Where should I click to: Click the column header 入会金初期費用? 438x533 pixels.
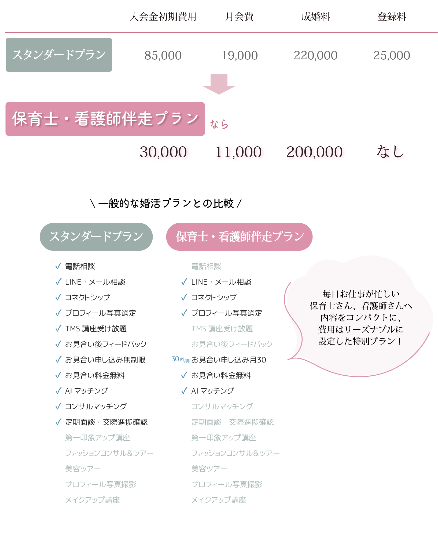coord(163,17)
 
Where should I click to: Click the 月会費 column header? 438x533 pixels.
coord(239,17)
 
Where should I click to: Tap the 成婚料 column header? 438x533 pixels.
coord(315,17)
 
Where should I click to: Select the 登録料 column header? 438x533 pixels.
coord(392,17)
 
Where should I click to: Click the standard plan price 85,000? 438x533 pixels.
coord(163,56)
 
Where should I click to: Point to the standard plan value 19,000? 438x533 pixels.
coord(239,56)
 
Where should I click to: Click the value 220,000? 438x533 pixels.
coord(315,56)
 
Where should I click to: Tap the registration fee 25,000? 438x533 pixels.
coord(392,56)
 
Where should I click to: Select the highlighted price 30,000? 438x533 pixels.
coord(163,152)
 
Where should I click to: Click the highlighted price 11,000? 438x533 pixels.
coord(239,152)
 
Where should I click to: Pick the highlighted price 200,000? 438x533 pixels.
coord(315,152)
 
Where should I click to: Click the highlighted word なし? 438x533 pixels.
coord(391,152)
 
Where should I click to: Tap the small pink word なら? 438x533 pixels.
coord(219,124)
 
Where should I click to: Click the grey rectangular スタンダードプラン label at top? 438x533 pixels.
coord(59,55)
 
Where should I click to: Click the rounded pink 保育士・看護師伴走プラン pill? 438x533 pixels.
coord(239,237)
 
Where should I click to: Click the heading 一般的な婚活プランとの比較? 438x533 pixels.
coord(166,204)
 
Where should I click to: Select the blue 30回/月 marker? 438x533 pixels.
coord(181,360)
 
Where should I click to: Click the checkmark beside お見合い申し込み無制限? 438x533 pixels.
coord(58,360)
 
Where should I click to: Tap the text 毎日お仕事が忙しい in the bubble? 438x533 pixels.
coord(361,294)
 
